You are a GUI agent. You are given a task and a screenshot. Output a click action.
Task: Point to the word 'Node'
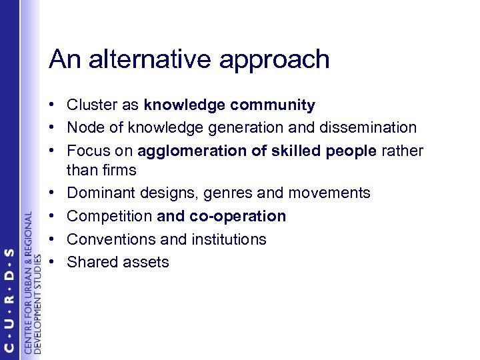(x=83, y=127)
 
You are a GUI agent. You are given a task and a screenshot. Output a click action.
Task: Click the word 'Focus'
(x=86, y=149)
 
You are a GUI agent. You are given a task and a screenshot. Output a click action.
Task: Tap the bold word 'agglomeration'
(x=193, y=151)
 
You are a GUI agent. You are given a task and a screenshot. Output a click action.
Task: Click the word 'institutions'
(x=228, y=239)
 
